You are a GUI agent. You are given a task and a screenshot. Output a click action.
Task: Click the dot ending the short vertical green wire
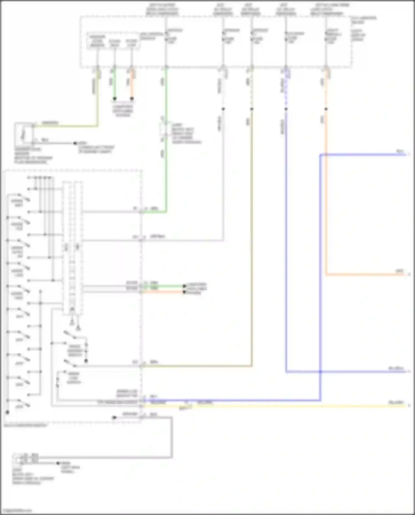click(x=115, y=99)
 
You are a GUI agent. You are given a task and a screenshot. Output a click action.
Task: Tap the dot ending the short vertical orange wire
click(x=132, y=99)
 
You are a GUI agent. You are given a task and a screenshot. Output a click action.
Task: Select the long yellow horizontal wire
click(x=277, y=406)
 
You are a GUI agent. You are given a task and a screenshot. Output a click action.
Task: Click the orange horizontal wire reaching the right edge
click(x=365, y=275)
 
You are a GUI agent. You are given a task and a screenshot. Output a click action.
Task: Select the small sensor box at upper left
click(x=23, y=134)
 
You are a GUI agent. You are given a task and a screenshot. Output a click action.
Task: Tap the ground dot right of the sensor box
click(x=75, y=143)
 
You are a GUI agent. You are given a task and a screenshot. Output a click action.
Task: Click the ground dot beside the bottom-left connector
click(x=58, y=463)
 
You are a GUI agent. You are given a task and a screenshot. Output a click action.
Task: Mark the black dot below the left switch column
click(x=7, y=412)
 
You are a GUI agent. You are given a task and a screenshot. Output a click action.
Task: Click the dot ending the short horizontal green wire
click(x=184, y=286)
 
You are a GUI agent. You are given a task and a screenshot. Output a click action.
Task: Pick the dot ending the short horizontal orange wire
click(x=184, y=292)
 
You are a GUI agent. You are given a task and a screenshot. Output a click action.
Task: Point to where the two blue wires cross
click(x=320, y=372)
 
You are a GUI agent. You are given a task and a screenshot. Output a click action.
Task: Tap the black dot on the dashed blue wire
click(x=286, y=109)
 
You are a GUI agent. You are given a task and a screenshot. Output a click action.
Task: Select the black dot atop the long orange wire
click(x=326, y=109)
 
